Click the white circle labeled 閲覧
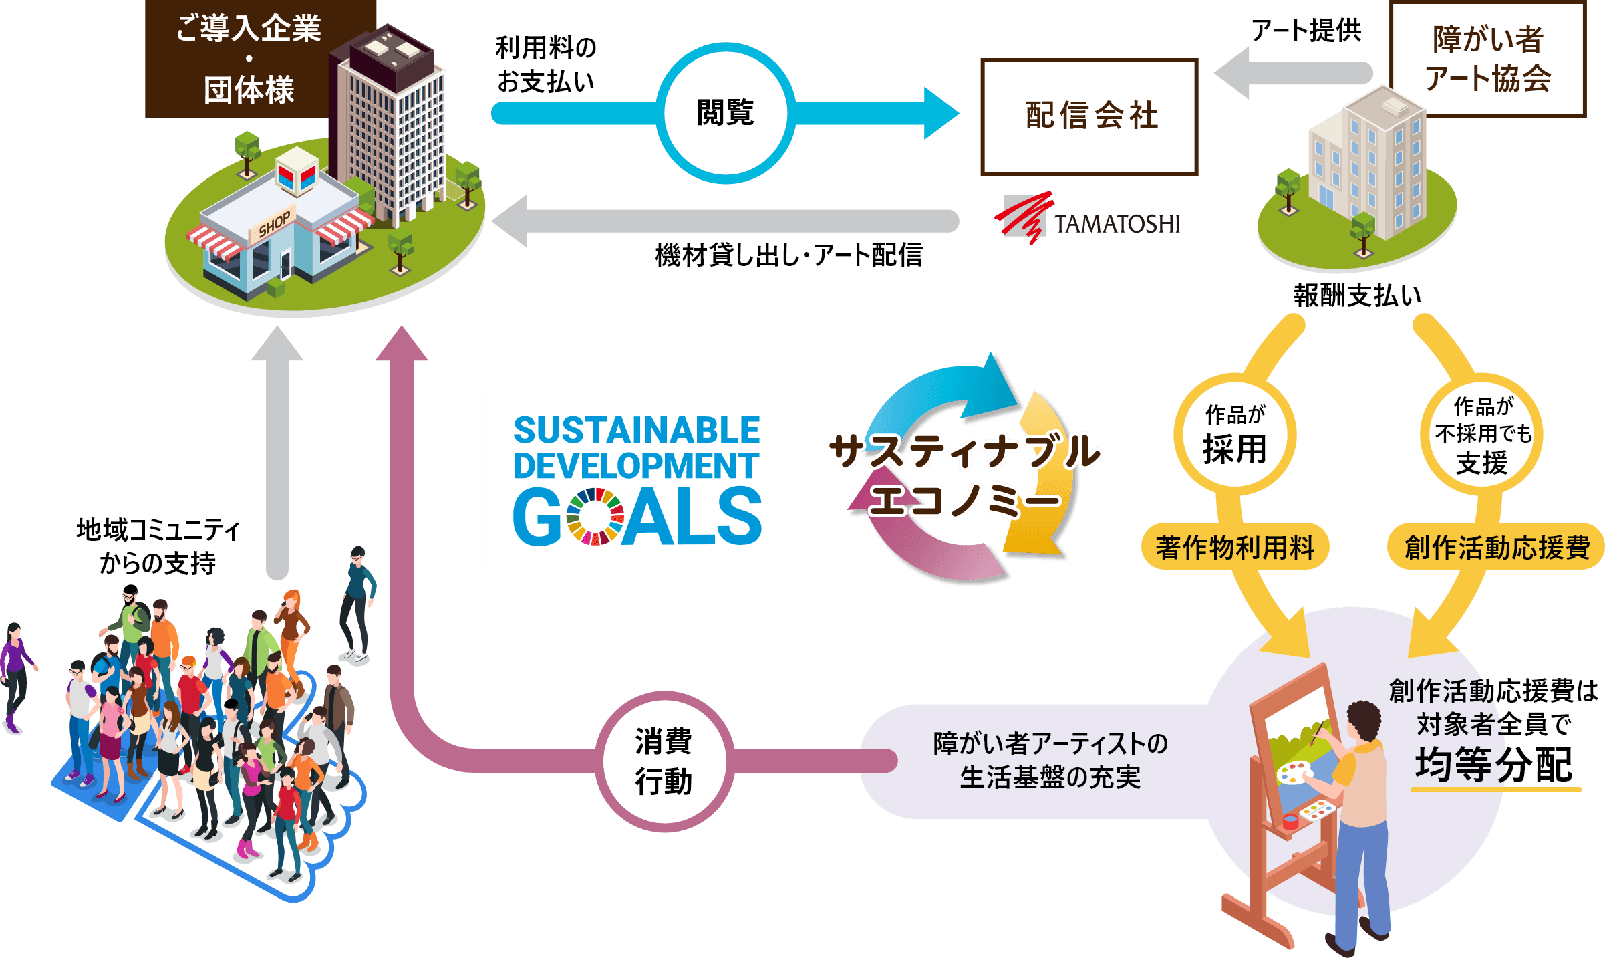pos(726,113)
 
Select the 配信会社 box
pos(1090,116)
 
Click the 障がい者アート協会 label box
pos(1488,59)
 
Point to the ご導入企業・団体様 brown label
pos(249,59)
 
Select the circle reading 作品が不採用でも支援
pos(1482,435)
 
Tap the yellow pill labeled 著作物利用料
pos(1235,547)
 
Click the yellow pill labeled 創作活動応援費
pos(1497,547)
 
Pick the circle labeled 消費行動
pos(664,761)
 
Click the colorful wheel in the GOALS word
pos(595,516)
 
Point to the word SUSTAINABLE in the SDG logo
pos(636,430)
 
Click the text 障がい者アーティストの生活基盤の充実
pos(1050,761)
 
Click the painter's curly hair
pos(1363,722)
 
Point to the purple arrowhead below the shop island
pos(401,344)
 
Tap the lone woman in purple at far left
pos(15,675)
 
